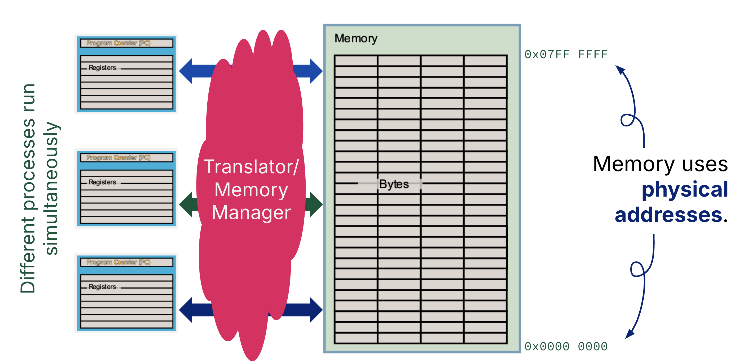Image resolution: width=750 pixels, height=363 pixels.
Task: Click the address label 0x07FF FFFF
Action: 566,55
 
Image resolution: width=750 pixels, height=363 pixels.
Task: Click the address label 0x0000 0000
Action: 566,346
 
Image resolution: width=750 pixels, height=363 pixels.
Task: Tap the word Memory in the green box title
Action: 356,38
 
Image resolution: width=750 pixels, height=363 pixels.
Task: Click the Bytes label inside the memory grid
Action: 394,184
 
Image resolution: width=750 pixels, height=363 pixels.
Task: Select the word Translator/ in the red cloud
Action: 251,167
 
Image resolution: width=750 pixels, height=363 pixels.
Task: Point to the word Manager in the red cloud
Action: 251,213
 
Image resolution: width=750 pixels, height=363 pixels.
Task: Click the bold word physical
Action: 685,190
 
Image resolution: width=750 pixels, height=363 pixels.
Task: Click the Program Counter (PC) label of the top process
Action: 118,43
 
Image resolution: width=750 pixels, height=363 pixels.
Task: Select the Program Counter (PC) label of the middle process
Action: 118,158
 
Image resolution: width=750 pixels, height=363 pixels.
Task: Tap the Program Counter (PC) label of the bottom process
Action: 118,262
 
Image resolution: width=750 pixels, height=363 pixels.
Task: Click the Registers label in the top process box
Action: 102,68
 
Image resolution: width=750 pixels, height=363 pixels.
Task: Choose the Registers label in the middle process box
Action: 102,182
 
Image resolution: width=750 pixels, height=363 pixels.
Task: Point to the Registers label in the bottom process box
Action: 102,287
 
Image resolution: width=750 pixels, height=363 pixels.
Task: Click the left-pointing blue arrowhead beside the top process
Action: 186,71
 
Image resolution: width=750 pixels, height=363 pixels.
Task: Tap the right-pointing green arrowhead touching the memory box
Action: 316,204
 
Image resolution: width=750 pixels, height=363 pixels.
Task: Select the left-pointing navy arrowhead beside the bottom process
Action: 186,310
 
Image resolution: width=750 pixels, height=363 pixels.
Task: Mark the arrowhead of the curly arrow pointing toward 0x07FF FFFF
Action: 620,70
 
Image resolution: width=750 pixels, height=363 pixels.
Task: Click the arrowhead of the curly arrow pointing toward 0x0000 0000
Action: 630,334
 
